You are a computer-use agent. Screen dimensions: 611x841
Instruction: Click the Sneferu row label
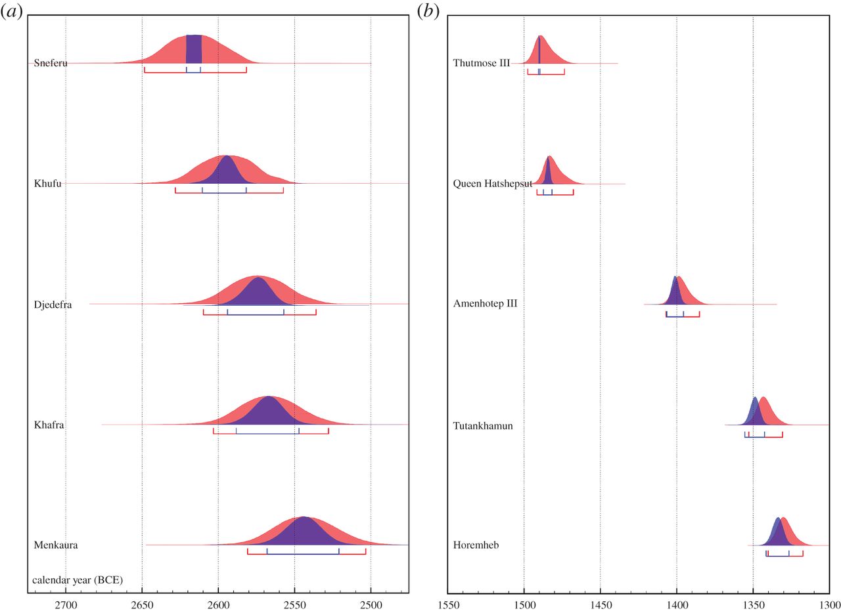tap(51, 64)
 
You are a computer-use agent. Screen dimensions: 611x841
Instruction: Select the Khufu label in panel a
tap(48, 184)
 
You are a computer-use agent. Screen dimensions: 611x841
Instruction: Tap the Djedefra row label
tap(53, 305)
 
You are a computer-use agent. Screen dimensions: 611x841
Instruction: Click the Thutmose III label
tap(482, 64)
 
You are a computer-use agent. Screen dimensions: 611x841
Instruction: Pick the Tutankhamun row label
tap(483, 425)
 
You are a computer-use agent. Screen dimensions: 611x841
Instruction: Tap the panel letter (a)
tap(12, 12)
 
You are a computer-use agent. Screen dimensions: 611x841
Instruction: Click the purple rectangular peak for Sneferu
tap(194, 49)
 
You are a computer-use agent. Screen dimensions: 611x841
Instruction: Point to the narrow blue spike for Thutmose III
tap(539, 50)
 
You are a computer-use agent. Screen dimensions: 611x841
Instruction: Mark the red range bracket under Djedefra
tap(260, 314)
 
